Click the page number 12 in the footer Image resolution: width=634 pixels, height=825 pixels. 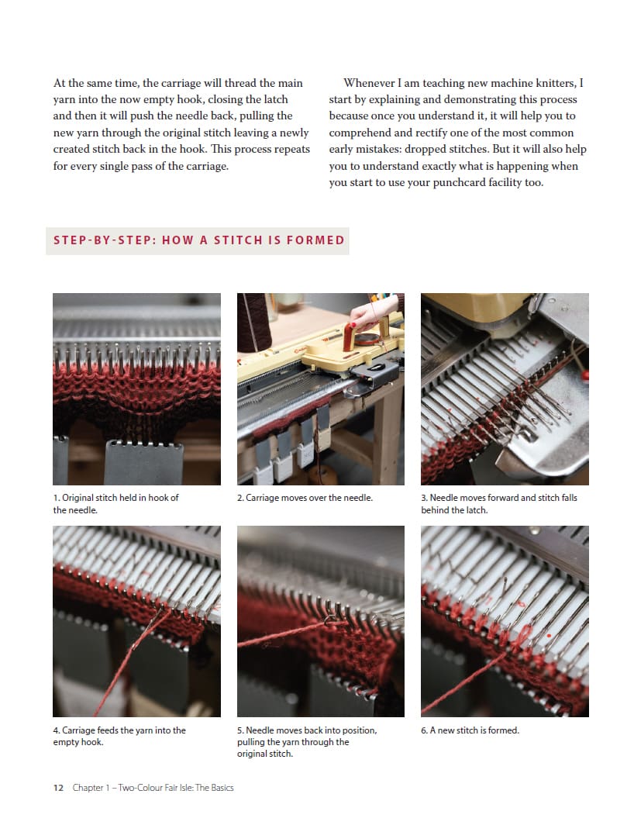click(58, 788)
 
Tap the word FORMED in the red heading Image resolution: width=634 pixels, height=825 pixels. click(315, 240)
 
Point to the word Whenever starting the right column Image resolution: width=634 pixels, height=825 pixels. click(369, 83)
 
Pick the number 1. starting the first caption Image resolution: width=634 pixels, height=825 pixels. click(57, 498)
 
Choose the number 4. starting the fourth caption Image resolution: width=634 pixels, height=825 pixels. click(57, 730)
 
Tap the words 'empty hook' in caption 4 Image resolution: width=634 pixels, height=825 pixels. click(78, 742)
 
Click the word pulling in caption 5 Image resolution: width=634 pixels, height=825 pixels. click(251, 742)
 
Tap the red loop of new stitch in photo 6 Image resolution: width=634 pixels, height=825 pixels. click(523, 633)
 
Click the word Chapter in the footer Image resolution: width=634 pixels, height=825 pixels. click(88, 788)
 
